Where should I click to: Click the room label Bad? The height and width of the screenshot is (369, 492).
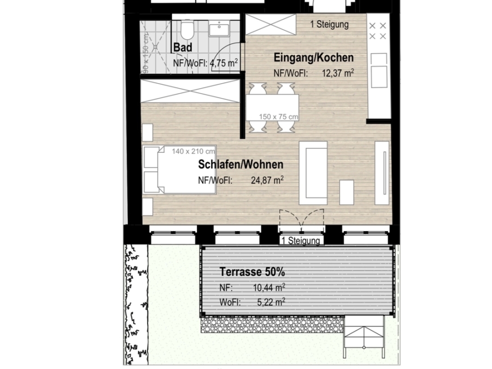point(183,48)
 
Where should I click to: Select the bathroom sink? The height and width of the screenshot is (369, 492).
point(219,28)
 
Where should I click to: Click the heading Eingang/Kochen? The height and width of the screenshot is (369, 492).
point(313,57)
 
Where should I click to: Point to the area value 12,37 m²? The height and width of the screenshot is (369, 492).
point(338,73)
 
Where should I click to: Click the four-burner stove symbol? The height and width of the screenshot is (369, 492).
point(377,31)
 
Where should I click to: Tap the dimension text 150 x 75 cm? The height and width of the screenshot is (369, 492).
point(278,117)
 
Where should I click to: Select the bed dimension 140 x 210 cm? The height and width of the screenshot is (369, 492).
point(193,151)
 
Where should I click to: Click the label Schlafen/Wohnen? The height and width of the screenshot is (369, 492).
point(241,164)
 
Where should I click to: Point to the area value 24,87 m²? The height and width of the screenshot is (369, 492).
point(267,180)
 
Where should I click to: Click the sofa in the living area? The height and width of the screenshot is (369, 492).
point(313,173)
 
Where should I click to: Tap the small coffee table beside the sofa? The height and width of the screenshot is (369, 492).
point(347,192)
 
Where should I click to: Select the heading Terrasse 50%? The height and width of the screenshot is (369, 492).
point(252,272)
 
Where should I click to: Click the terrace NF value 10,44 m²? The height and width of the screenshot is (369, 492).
point(269,287)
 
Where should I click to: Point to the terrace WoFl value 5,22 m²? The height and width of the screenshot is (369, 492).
point(271,302)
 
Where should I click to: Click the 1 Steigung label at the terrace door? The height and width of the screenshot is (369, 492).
point(301,241)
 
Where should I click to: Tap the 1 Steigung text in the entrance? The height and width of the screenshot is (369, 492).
point(330,25)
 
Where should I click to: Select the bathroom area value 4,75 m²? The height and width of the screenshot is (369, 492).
point(224,63)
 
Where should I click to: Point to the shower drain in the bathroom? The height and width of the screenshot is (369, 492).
point(155,47)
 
